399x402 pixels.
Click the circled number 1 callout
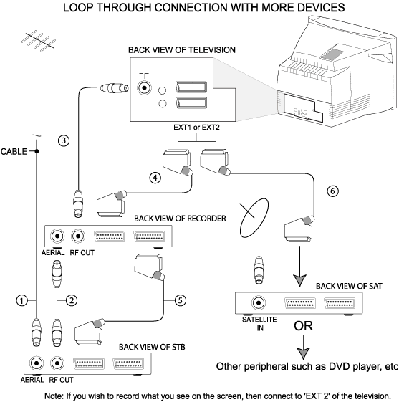pyautogui.click(x=21, y=300)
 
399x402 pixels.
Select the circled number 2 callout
pyautogui.click(x=72, y=300)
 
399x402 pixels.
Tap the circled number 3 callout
pyautogui.click(x=64, y=140)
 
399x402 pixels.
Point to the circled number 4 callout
pyautogui.click(x=155, y=178)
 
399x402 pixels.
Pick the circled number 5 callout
pyautogui.click(x=180, y=300)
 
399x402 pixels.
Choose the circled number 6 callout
pyautogui.click(x=332, y=191)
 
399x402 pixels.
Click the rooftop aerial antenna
pyautogui.click(x=37, y=41)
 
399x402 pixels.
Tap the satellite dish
pyautogui.click(x=254, y=218)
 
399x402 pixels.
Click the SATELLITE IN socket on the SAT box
pyautogui.click(x=259, y=303)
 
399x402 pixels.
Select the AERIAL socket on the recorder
pyautogui.click(x=57, y=236)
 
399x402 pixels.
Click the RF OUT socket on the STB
pyautogui.click(x=57, y=363)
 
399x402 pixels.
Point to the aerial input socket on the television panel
pyautogui.click(x=144, y=88)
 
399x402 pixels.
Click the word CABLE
pyautogui.click(x=14, y=151)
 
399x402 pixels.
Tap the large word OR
pyautogui.click(x=304, y=326)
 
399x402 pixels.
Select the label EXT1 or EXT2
pyautogui.click(x=196, y=128)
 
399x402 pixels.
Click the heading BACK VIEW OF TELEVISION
pyautogui.click(x=182, y=50)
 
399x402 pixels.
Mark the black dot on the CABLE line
pyautogui.click(x=37, y=151)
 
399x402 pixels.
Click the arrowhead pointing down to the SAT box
pyautogui.click(x=299, y=280)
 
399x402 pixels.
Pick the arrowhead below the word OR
pyautogui.click(x=304, y=353)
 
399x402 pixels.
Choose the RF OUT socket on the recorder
pyautogui.click(x=78, y=236)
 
